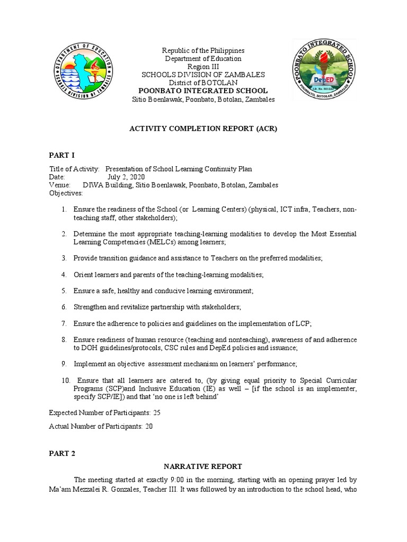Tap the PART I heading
pyautogui.click(x=62, y=155)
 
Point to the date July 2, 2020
pyautogui.click(x=126, y=177)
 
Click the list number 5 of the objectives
pyautogui.click(x=64, y=291)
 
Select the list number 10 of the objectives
pyautogui.click(x=65, y=381)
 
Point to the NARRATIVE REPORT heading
pyautogui.click(x=203, y=466)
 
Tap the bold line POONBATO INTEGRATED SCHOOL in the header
pyautogui.click(x=203, y=91)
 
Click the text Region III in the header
pyautogui.click(x=203, y=67)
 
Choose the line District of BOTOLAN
pyautogui.click(x=203, y=83)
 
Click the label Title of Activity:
pyautogui.click(x=74, y=169)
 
